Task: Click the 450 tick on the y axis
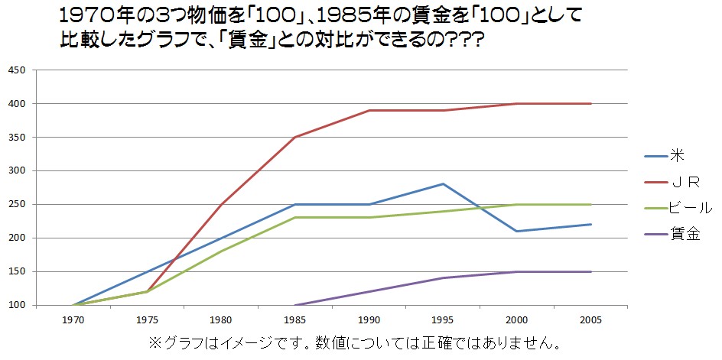[17, 70]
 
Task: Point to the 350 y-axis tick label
[17, 138]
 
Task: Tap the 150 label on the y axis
[17, 271]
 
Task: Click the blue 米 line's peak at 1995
[443, 184]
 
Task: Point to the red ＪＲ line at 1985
[295, 138]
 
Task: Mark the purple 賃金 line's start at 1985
[295, 305]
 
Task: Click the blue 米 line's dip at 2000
[517, 231]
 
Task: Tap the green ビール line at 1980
[221, 251]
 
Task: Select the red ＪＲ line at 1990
[369, 110]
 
